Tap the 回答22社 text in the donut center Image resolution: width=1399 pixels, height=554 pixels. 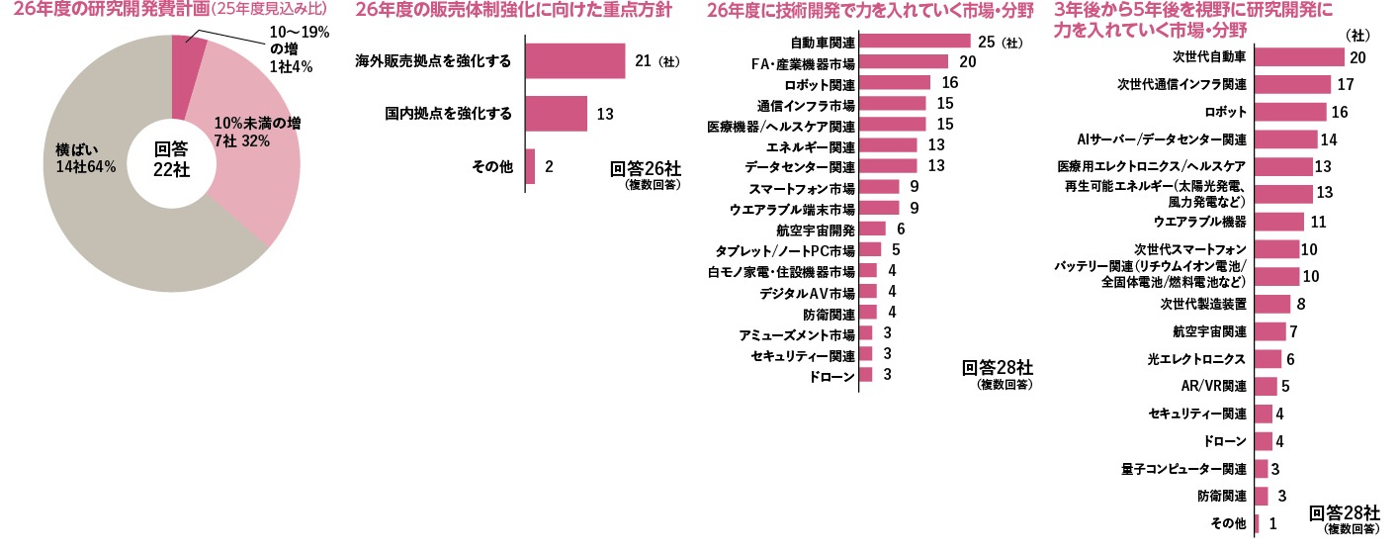pos(171,159)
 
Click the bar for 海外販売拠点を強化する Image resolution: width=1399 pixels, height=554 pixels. pos(574,61)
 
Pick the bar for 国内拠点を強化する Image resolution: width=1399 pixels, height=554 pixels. pos(556,114)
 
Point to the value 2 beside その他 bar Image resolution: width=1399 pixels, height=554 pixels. pos(549,166)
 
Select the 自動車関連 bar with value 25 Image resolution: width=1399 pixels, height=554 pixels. pos(915,42)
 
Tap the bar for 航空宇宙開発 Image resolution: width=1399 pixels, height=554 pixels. pos(872,229)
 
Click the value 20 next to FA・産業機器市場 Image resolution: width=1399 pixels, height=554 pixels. pos(968,62)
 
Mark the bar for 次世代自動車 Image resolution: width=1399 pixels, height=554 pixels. pos(1299,57)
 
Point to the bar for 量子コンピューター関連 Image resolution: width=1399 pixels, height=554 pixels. pos(1261,468)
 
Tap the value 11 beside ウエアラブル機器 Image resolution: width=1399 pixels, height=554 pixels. pos(1318,221)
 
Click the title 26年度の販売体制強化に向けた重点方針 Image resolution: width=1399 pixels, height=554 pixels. pos(514,13)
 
